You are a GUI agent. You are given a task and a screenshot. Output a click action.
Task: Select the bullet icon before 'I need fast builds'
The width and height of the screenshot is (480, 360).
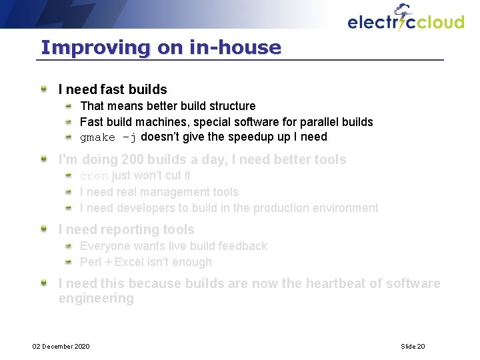[43, 89]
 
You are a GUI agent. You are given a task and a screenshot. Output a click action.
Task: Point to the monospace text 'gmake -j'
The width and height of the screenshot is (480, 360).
[108, 137]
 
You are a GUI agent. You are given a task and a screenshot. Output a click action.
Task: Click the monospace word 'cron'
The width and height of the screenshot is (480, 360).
[93, 176]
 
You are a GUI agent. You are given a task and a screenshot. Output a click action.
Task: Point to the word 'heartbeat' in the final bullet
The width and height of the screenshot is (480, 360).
[337, 283]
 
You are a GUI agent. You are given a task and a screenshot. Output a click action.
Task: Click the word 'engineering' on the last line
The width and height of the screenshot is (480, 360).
[96, 299]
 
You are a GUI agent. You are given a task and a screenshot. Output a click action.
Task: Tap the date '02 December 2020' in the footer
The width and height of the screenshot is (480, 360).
[61, 346]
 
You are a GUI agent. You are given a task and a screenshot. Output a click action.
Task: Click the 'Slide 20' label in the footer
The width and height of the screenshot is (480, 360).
[413, 346]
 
